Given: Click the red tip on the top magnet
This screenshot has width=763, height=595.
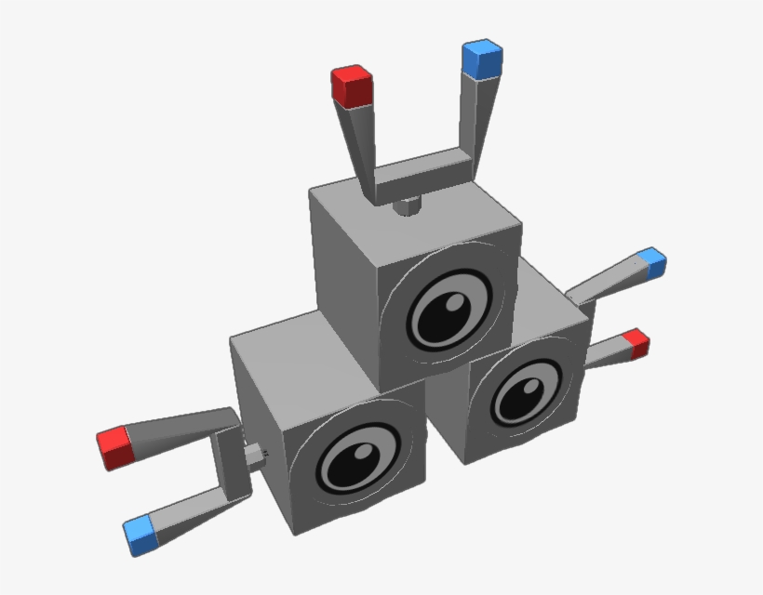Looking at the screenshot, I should point(352,86).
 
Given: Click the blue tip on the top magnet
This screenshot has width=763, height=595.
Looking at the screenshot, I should point(482,59).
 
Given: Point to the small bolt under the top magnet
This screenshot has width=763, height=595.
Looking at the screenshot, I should point(406,206).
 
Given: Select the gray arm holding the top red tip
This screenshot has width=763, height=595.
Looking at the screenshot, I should point(358,139).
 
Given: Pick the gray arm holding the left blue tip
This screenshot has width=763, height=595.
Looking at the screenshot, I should point(195,511).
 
